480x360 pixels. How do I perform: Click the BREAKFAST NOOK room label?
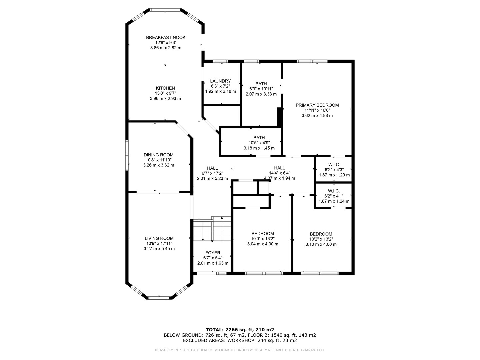click(x=166, y=38)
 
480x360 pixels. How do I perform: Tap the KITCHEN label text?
click(x=165, y=88)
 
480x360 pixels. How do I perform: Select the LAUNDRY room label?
click(x=220, y=81)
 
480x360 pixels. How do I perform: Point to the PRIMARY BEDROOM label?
click(x=317, y=105)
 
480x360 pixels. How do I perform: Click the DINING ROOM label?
click(x=159, y=155)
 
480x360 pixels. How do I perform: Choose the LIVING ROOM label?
click(x=159, y=238)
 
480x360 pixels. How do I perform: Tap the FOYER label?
click(x=213, y=253)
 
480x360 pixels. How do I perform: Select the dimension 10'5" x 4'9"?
click(x=259, y=143)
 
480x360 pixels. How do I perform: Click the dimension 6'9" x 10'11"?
click(x=261, y=89)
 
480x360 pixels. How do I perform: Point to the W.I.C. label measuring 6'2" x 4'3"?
click(x=334, y=165)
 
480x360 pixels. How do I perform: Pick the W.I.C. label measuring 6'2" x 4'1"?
click(x=334, y=191)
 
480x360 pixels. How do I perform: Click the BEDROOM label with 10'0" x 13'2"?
click(x=263, y=234)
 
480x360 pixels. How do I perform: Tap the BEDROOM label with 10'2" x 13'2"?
click(x=321, y=234)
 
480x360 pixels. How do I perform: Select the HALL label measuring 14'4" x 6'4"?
click(x=279, y=168)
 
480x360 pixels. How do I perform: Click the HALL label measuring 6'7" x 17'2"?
click(x=212, y=168)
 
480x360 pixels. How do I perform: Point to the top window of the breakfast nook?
click(x=165, y=10)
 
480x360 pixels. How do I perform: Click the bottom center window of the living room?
click(x=159, y=298)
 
